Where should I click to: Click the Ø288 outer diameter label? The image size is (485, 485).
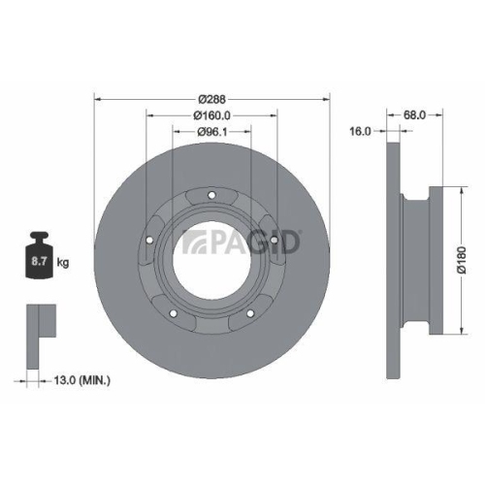(x=211, y=99)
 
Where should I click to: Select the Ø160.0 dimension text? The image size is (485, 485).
(x=211, y=115)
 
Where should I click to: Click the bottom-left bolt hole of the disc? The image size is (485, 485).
(x=173, y=313)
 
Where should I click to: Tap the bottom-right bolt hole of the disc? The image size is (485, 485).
(x=250, y=313)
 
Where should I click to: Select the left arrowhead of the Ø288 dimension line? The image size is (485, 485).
(x=97, y=99)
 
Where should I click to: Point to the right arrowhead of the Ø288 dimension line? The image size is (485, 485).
(x=327, y=99)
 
